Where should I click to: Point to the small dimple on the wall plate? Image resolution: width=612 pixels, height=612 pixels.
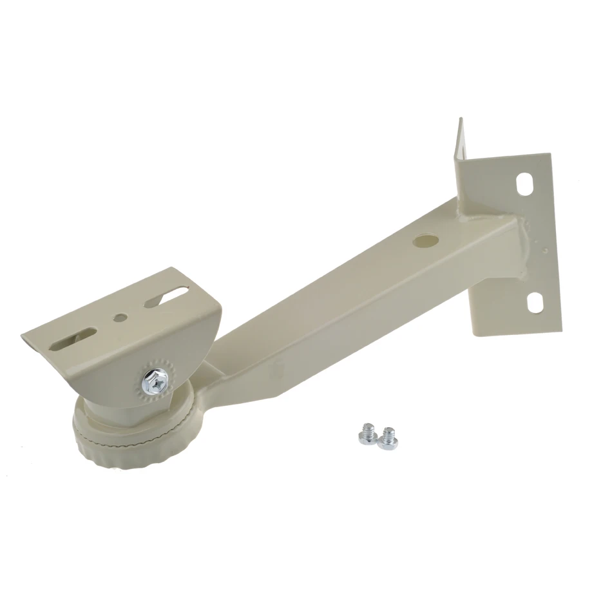click(545, 249)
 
